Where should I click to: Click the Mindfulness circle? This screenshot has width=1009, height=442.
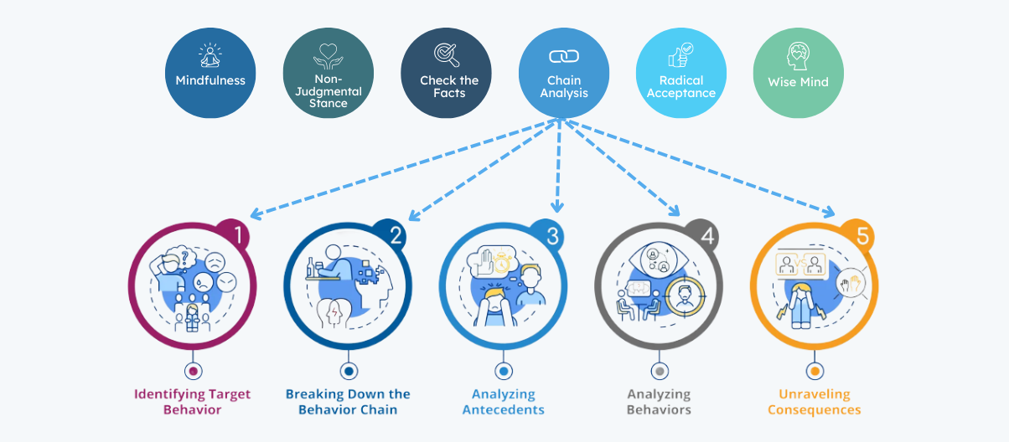click(210, 73)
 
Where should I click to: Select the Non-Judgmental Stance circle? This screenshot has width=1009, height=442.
click(328, 73)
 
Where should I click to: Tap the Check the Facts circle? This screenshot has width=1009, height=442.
click(446, 73)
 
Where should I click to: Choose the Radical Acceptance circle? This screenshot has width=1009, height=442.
click(680, 73)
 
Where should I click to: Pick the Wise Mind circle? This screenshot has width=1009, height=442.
click(798, 73)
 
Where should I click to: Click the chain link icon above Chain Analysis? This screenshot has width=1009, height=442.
click(563, 56)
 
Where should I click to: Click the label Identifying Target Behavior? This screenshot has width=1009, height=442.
click(193, 402)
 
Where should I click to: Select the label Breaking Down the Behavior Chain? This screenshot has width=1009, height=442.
click(348, 402)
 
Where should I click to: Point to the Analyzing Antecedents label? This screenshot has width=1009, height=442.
click(503, 402)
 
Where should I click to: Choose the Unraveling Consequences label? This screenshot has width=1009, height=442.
click(814, 402)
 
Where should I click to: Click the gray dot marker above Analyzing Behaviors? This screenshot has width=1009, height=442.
click(660, 371)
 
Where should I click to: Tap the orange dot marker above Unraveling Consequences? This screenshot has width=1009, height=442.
click(814, 371)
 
